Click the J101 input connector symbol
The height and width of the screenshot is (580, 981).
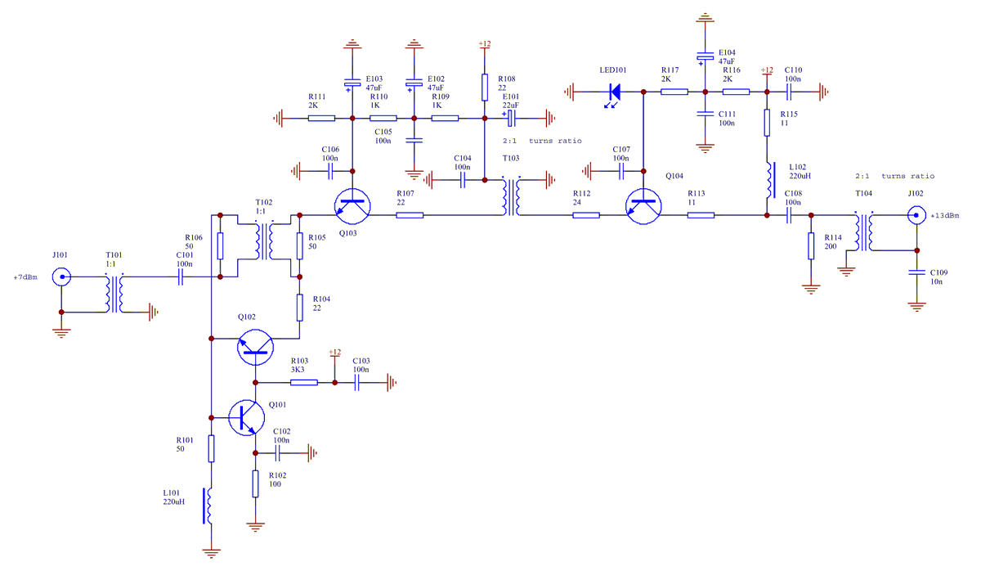(x=60, y=278)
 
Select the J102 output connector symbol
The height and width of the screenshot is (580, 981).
(x=916, y=216)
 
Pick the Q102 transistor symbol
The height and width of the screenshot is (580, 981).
(x=257, y=348)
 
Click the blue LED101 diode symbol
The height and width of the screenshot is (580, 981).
(x=613, y=92)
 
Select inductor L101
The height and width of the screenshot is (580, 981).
(x=211, y=507)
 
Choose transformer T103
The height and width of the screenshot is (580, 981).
(x=512, y=196)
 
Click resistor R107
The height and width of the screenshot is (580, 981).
(x=410, y=216)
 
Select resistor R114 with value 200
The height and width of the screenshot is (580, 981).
(x=811, y=245)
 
